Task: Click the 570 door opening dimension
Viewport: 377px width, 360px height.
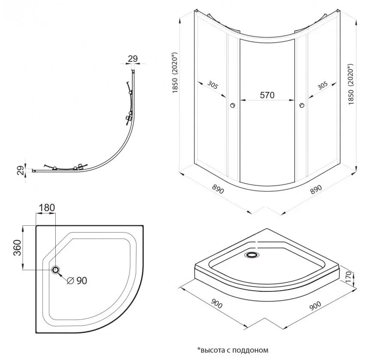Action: pyautogui.click(x=266, y=95)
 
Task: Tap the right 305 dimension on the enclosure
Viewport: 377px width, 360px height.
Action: pyautogui.click(x=322, y=85)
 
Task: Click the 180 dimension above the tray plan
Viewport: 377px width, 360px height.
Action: pyautogui.click(x=47, y=208)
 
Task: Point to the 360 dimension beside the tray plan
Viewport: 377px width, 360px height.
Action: pyautogui.click(x=18, y=246)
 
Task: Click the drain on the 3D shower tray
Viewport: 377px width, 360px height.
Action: pyautogui.click(x=251, y=254)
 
